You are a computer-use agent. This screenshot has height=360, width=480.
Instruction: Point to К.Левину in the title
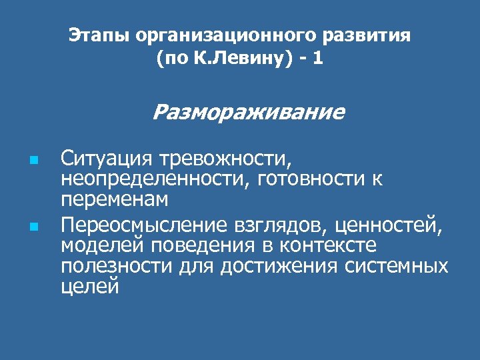point(234,59)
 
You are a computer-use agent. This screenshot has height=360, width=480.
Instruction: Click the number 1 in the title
point(317,59)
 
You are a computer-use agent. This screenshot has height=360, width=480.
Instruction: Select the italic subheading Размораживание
point(249,111)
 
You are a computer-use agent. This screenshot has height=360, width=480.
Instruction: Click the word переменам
point(114,199)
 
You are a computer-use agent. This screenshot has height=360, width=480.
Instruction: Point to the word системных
point(400,266)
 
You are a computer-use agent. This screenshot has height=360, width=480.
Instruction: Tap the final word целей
point(90,287)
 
